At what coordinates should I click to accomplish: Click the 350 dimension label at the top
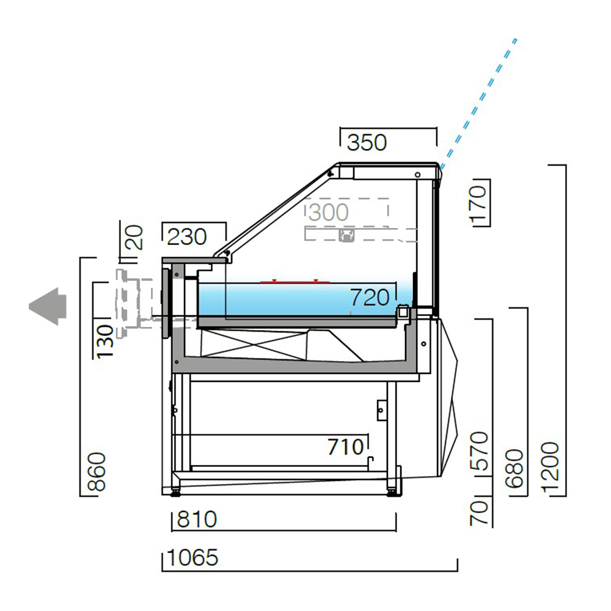point(367,142)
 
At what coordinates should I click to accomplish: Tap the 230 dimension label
point(187,236)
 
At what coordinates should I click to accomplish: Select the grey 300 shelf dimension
point(328,213)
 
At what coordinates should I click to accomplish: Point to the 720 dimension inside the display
point(370,298)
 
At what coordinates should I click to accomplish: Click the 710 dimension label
point(345,447)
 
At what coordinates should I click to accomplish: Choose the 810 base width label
point(197,520)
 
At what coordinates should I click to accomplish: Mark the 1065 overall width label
point(192,558)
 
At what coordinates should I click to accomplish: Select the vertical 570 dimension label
point(480,452)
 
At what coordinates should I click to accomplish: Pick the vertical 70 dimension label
point(480,512)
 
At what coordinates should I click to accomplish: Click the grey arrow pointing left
point(47,306)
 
